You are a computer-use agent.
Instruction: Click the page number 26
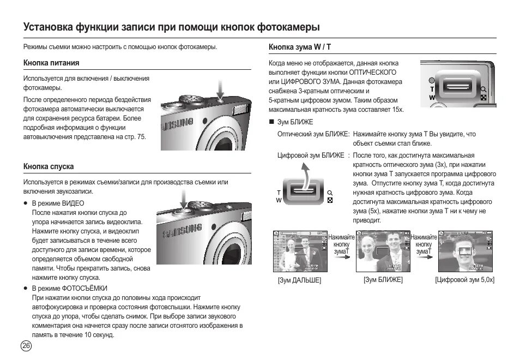pyautogui.click(x=26, y=345)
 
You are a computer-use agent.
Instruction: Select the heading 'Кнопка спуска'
pyautogui.click(x=48, y=166)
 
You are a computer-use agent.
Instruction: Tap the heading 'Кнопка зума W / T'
pyautogui.click(x=300, y=47)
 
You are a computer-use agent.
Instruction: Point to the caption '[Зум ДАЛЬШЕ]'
pyautogui.click(x=299, y=280)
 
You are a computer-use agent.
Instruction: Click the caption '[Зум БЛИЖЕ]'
pyautogui.click(x=383, y=279)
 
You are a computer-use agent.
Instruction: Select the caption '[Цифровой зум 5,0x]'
pyautogui.click(x=464, y=279)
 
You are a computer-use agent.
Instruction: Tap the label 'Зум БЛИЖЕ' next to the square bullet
pyautogui.click(x=295, y=122)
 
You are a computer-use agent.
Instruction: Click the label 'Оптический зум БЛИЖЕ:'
pyautogui.click(x=314, y=134)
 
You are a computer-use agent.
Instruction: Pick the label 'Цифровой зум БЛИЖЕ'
pyautogui.click(x=311, y=155)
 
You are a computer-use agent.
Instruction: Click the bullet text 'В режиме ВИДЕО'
pyautogui.click(x=58, y=203)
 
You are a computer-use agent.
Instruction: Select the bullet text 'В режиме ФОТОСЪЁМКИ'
pyautogui.click(x=69, y=288)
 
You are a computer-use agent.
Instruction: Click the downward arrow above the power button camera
pyautogui.click(x=220, y=87)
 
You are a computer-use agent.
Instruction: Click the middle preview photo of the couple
pyautogui.click(x=383, y=251)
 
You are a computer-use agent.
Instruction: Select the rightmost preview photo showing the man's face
pyautogui.click(x=465, y=251)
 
